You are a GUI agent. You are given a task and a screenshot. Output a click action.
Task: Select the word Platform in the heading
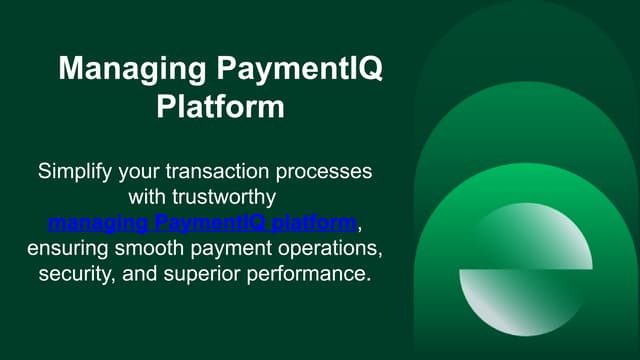(x=220, y=107)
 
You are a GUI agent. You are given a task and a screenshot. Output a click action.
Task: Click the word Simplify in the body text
(x=75, y=171)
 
